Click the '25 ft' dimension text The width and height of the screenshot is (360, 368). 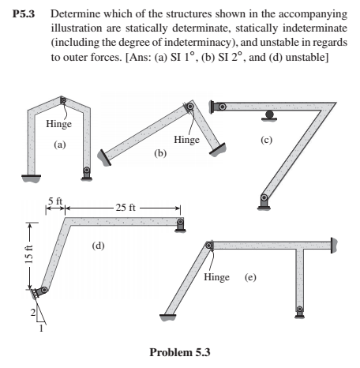click(126, 208)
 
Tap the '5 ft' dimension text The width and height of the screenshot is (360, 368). click(54, 202)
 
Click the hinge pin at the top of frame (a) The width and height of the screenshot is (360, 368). click(62, 100)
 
